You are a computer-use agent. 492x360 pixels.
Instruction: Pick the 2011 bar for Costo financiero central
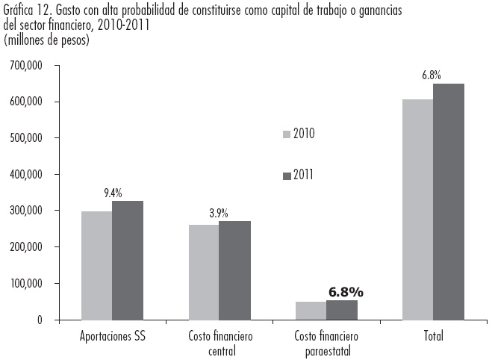click(x=234, y=270)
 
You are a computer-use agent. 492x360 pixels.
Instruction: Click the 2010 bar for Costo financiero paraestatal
click(x=311, y=311)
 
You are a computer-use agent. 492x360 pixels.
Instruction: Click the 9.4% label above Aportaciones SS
click(x=113, y=193)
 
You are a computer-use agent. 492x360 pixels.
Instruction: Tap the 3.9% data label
click(x=219, y=213)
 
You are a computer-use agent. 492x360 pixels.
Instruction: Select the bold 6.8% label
click(x=346, y=291)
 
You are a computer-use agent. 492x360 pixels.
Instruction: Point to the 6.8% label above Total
click(x=432, y=75)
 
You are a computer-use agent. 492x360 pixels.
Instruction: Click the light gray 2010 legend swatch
click(x=286, y=134)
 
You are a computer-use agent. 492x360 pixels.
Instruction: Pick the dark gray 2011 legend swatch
click(x=286, y=176)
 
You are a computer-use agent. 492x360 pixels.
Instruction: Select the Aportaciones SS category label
click(x=112, y=336)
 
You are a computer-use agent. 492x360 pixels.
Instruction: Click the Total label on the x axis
click(x=432, y=336)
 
